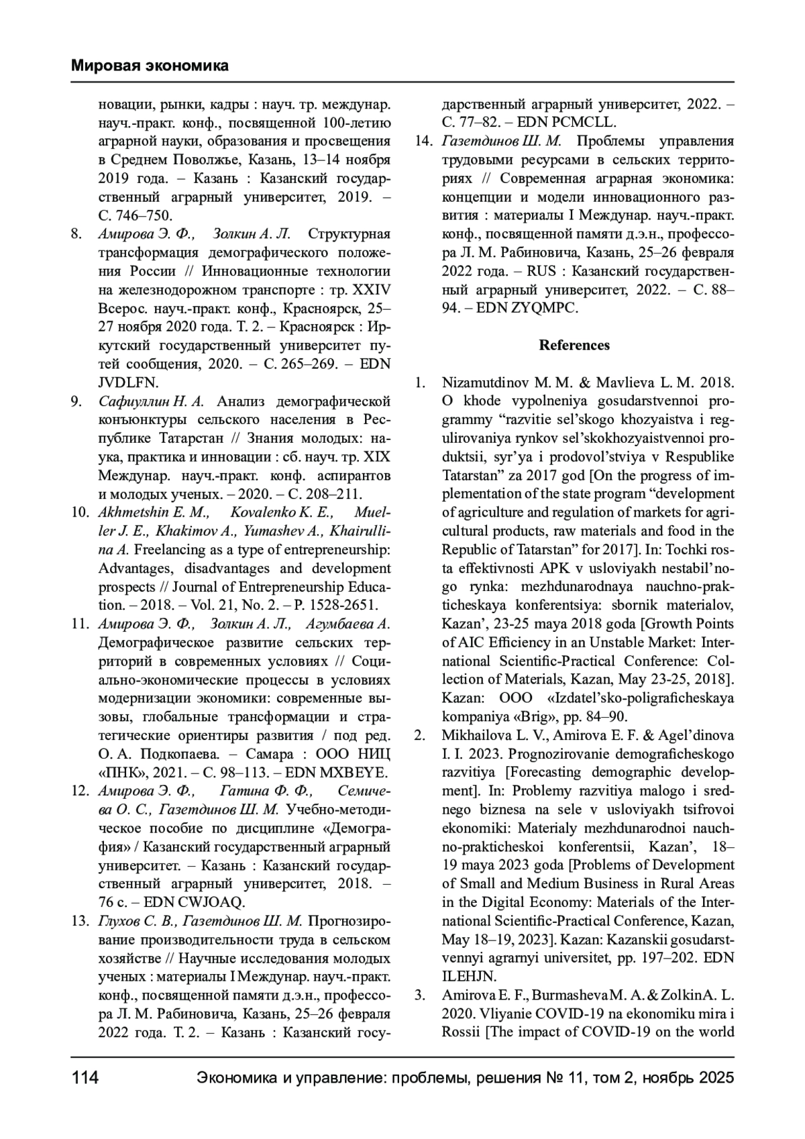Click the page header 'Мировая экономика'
point(150,66)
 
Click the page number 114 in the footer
point(85,1078)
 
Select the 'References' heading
point(574,345)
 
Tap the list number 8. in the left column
point(76,234)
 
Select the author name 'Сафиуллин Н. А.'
point(151,402)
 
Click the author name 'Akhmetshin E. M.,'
point(154,513)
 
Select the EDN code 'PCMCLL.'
point(583,123)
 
